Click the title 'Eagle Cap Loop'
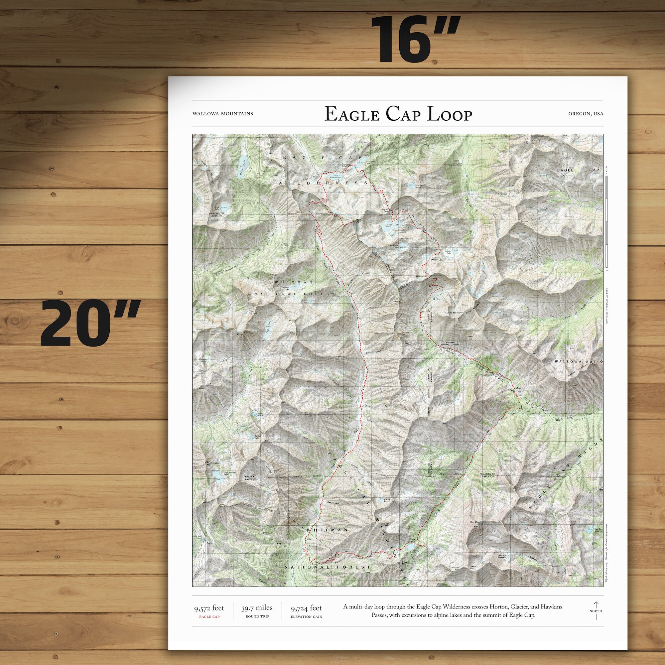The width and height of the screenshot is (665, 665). (x=398, y=114)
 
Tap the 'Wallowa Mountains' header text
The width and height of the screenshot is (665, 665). (x=223, y=114)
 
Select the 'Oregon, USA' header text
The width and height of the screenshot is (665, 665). (x=586, y=114)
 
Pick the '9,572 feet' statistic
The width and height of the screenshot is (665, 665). (x=209, y=608)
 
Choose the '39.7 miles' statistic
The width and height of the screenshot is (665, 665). (x=257, y=608)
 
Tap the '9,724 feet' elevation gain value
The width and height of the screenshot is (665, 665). (x=306, y=608)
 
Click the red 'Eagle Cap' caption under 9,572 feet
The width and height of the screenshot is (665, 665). (x=209, y=617)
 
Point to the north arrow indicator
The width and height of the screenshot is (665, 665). (x=596, y=610)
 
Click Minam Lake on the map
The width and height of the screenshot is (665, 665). (x=243, y=168)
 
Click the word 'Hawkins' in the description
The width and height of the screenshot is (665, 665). (x=551, y=607)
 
